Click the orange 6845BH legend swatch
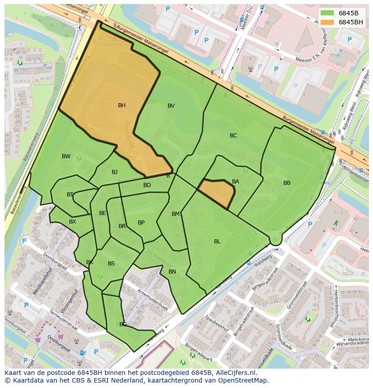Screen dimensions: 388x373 [x=328, y=22]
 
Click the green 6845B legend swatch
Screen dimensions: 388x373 [x=328, y=13]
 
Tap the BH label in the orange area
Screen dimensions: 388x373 [x=122, y=105]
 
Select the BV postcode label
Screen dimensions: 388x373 [x=171, y=106]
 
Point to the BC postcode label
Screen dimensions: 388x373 [x=233, y=136]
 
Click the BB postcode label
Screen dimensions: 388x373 [x=287, y=183]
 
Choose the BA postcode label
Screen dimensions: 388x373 [x=236, y=182]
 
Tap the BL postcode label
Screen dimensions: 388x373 [x=217, y=242]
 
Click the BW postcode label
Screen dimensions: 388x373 [x=66, y=156]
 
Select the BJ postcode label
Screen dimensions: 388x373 [x=114, y=172]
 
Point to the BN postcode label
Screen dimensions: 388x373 [x=172, y=272]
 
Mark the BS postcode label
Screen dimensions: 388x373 [x=111, y=264]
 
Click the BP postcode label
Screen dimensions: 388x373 [x=141, y=223]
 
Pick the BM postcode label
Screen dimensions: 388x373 [x=176, y=214]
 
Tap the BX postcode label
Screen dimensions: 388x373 [x=73, y=222]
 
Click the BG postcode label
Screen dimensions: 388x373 [x=123, y=324]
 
